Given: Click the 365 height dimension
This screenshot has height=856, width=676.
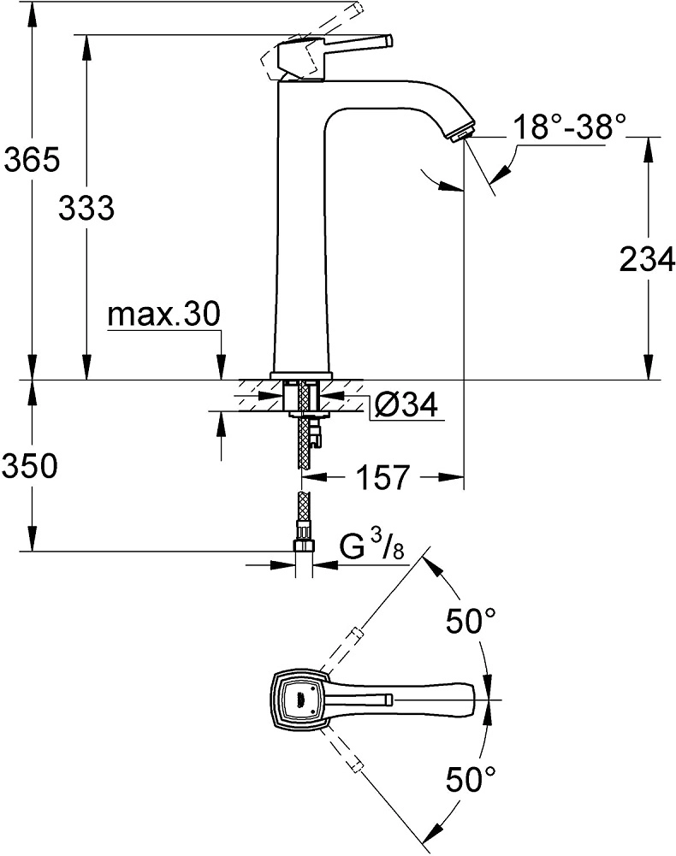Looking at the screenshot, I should (30, 159).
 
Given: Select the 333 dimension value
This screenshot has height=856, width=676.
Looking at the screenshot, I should (86, 208).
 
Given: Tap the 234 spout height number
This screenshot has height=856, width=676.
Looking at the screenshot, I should (646, 260).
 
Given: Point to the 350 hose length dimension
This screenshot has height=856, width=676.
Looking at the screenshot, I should (30, 467).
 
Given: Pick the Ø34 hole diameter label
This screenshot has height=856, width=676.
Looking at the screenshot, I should (406, 404).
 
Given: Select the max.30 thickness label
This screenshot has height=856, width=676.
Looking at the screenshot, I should (163, 316).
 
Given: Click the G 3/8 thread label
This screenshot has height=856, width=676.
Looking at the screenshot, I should (372, 547).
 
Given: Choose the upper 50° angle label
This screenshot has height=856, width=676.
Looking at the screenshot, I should (471, 622).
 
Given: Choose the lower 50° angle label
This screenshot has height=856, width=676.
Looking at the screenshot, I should (471, 779).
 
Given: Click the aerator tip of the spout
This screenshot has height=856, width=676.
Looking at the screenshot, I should (462, 133).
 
